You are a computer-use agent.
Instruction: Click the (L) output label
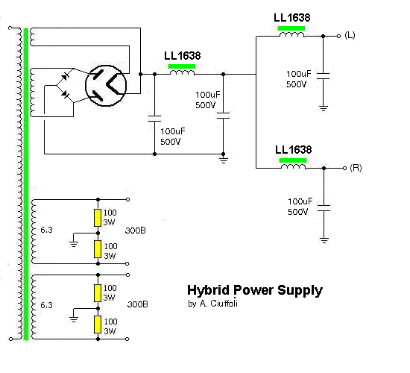click(x=350, y=35)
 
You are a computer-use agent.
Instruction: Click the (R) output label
click(x=356, y=168)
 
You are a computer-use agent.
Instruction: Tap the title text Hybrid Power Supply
click(x=255, y=290)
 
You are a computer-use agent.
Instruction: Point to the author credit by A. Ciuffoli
click(x=212, y=304)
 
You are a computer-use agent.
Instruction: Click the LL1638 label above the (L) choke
click(x=291, y=18)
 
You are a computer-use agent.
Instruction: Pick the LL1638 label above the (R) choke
click(x=294, y=150)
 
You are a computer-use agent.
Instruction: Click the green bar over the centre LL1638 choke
click(x=182, y=66)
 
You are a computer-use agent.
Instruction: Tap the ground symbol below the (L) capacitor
click(x=324, y=108)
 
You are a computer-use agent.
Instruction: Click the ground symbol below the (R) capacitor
click(x=324, y=240)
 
